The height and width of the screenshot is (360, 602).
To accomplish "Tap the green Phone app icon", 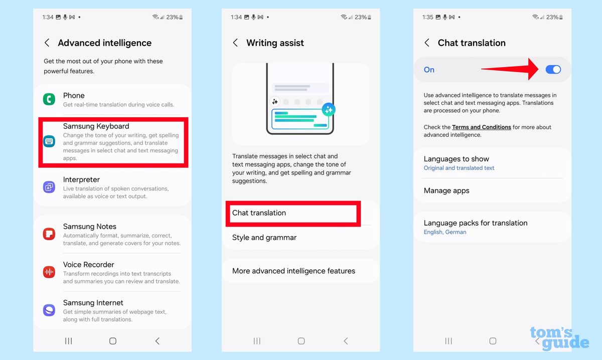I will pos(49,99).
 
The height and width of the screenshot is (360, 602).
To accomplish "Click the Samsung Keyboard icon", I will pos(49,141).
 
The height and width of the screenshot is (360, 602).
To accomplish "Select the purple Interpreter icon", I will pos(49,188).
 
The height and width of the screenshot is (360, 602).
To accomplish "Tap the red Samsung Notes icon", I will pos(49,234).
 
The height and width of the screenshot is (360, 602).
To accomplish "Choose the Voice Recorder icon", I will pos(49,272).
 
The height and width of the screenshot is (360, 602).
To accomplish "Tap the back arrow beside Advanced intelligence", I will pos(47,43).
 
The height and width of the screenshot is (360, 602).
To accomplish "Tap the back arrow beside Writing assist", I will pos(235,43).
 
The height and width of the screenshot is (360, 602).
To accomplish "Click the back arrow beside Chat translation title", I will pos(427,43).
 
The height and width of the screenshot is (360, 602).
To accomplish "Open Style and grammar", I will pos(264,238).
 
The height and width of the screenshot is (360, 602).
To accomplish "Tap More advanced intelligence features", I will pos(293,271).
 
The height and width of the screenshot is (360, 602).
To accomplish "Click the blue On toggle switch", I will pos(553,70).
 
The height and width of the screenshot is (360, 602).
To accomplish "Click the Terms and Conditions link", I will pos(481,127).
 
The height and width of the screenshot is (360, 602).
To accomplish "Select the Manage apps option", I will pos(446,191).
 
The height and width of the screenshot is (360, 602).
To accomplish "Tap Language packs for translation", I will pos(475,227).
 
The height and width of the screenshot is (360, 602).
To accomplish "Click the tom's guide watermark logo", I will pos(559,337).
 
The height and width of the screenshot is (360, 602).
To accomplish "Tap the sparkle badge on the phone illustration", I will pos(329,109).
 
